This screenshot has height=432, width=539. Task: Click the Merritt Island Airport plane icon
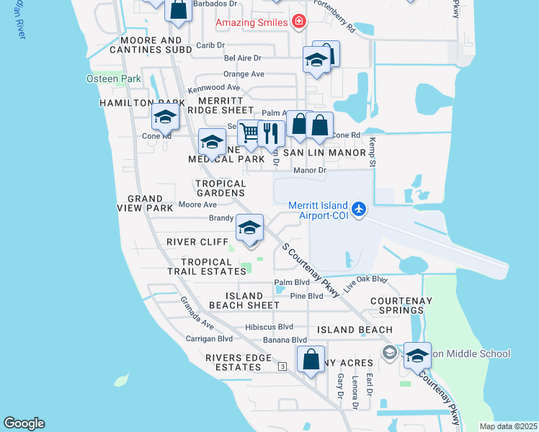click(x=360, y=210)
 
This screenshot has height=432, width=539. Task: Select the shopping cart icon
click(x=249, y=132)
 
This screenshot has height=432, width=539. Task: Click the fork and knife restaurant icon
click(x=271, y=132)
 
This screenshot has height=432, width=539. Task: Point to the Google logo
click(x=24, y=423)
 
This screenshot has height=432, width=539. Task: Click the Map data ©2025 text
click(x=509, y=426)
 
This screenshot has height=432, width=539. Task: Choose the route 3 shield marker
click(x=283, y=366)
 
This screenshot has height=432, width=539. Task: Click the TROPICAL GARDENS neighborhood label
click(x=220, y=188)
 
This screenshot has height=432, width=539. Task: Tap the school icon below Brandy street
click(x=249, y=229)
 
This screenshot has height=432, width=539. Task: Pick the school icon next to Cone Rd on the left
click(x=165, y=116)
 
